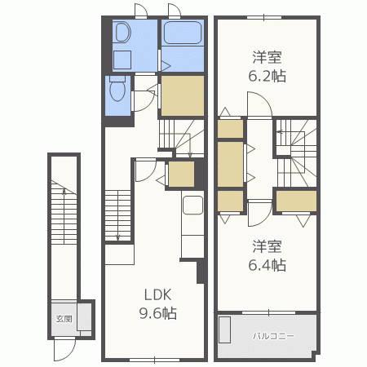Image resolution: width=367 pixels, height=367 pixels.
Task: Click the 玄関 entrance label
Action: [64, 319]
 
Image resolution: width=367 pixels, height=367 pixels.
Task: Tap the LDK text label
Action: [157, 294]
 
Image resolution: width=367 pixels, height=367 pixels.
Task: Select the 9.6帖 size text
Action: [158, 313]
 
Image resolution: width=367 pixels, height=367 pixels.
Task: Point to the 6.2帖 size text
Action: [267, 76]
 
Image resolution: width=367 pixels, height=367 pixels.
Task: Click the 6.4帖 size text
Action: [267, 265]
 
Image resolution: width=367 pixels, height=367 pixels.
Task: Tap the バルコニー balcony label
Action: [273, 336]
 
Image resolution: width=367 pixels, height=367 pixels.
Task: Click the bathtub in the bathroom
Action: [183, 33]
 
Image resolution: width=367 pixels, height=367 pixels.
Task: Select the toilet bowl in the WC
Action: [117, 89]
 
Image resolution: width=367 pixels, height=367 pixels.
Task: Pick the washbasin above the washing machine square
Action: [122, 33]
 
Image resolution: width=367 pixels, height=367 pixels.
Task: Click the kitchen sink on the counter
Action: [192, 205]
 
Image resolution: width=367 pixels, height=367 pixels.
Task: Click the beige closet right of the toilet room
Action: [183, 95]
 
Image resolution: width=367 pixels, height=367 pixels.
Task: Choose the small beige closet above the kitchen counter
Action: [181, 174]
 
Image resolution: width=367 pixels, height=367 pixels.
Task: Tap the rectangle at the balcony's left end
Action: [225, 329]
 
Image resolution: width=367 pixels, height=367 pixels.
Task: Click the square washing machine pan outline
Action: [122, 60]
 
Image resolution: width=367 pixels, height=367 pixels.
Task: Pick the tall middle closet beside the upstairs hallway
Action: [230, 164]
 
